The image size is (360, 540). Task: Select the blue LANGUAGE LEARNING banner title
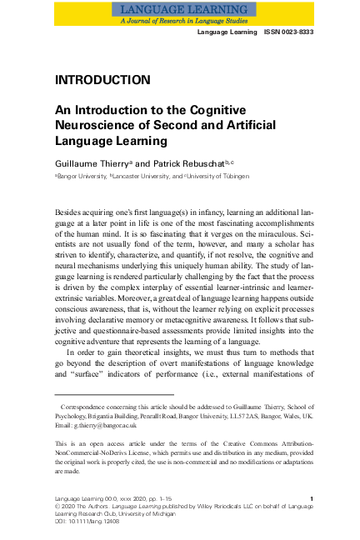pos(179,8)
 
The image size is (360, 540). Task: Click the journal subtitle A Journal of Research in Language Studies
pos(179,19)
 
